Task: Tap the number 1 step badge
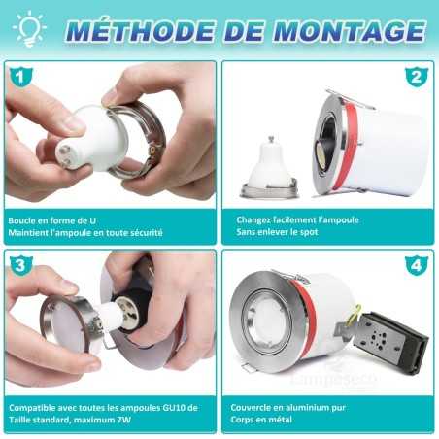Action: [x=17, y=76]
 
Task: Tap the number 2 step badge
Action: [x=416, y=76]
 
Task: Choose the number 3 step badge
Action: [x=17, y=263]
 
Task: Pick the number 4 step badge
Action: [x=416, y=263]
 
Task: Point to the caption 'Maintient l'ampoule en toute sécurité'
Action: [x=84, y=233]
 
